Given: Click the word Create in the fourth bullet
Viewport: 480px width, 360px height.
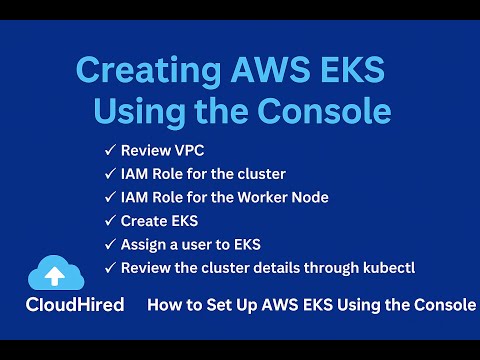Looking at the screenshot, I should pos(143,221).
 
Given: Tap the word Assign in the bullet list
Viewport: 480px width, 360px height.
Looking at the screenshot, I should pos(144,244).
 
